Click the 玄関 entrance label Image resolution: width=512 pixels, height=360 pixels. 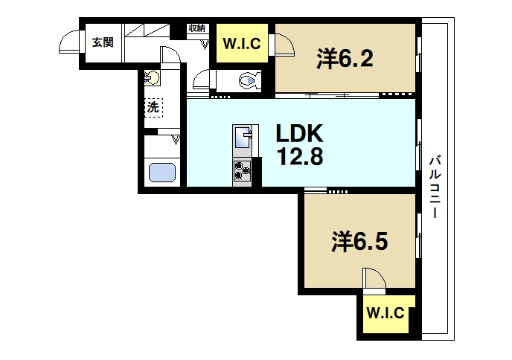pos(103,42)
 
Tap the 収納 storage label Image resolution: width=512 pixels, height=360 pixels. pos(196,28)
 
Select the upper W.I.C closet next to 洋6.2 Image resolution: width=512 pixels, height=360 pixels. pos(241,44)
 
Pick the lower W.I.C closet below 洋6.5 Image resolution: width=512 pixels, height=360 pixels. pos(385,312)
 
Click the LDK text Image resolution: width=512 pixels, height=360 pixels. pos(299,135)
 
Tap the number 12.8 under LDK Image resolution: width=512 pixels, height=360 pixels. pos(300,158)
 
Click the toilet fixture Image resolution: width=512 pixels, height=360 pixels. pos(249,79)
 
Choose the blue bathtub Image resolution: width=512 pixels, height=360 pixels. pos(162,173)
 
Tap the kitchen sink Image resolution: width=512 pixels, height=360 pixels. pos(243,138)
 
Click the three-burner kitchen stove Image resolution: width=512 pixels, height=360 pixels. pos(243,171)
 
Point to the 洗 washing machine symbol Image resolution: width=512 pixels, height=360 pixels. pos(153,107)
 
